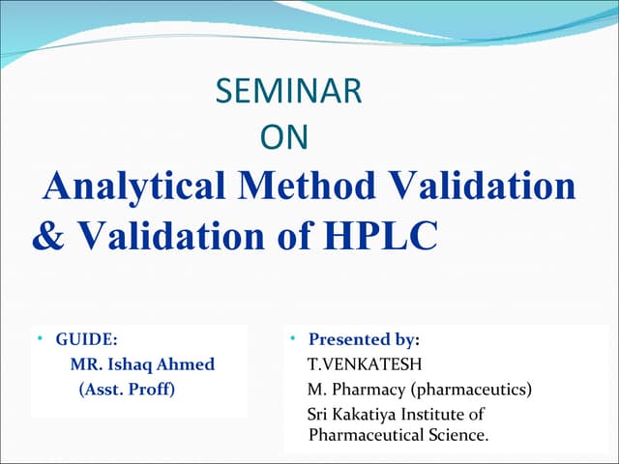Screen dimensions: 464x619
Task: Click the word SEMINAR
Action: [x=289, y=93]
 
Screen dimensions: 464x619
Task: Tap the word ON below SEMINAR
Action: [x=284, y=138]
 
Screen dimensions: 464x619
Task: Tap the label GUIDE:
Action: [x=87, y=339]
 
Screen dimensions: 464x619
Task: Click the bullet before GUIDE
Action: [x=40, y=339]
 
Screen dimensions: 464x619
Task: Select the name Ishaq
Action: [x=136, y=364]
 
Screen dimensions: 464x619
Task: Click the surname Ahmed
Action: [x=189, y=364]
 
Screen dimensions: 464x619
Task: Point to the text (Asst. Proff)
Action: [x=126, y=390]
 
